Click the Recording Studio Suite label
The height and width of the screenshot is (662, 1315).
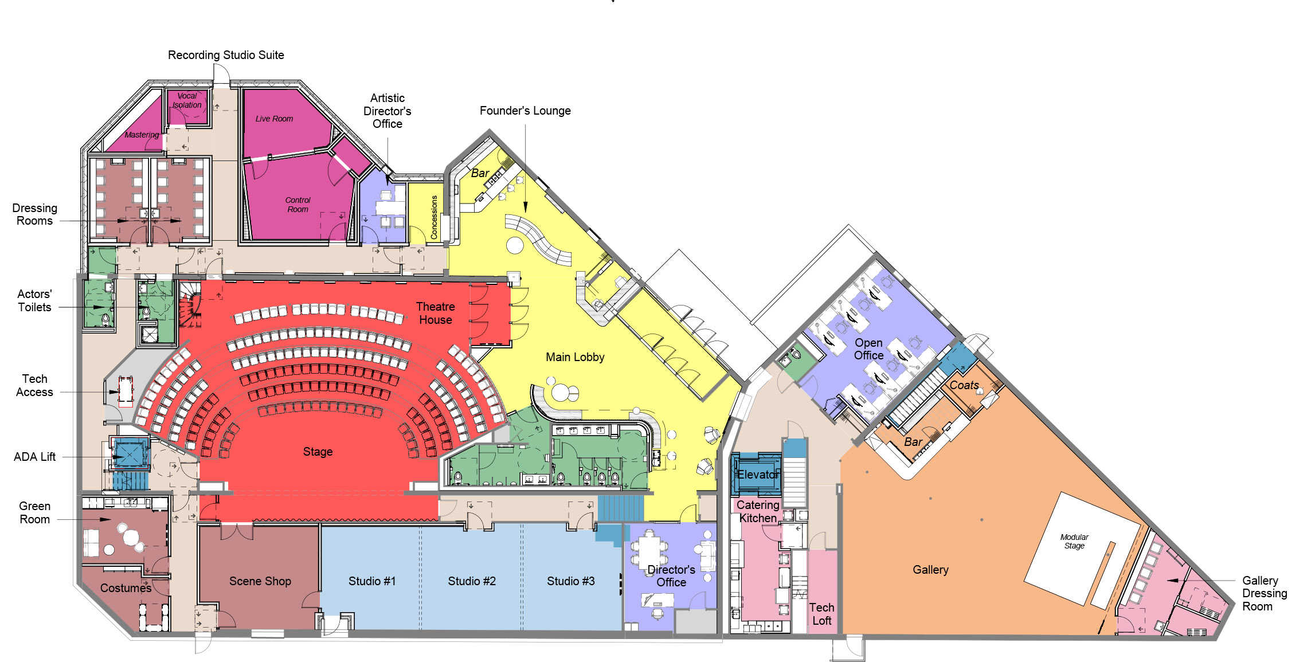pyautogui.click(x=226, y=55)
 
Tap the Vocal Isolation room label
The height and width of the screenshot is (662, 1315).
pyautogui.click(x=187, y=100)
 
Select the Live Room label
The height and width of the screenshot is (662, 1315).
pyautogui.click(x=274, y=119)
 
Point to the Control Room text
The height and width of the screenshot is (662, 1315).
pyautogui.click(x=298, y=205)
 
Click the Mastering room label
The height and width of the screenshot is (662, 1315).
pyautogui.click(x=142, y=135)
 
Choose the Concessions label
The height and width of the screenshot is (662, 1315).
pyautogui.click(x=434, y=217)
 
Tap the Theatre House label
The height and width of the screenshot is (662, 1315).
pyautogui.click(x=436, y=313)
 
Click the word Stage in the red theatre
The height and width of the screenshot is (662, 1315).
pyautogui.click(x=318, y=452)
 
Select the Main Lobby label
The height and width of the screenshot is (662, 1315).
pyautogui.click(x=575, y=357)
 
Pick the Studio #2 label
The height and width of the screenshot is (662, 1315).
pyautogui.click(x=472, y=581)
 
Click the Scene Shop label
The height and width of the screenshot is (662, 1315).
pyautogui.click(x=260, y=581)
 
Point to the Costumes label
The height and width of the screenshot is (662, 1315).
pyautogui.click(x=126, y=588)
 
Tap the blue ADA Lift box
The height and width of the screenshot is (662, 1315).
pyautogui.click(x=130, y=455)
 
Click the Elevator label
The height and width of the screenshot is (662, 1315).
pyautogui.click(x=758, y=475)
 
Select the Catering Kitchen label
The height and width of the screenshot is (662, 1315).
pyautogui.click(x=758, y=511)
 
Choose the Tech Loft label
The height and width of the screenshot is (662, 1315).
pyautogui.click(x=821, y=614)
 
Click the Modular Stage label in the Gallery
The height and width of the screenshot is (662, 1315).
pyautogui.click(x=1074, y=541)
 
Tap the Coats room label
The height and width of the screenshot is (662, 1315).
pyautogui.click(x=964, y=385)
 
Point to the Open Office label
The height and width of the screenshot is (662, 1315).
pyautogui.click(x=868, y=349)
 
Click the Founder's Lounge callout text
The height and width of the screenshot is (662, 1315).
pyautogui.click(x=525, y=111)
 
